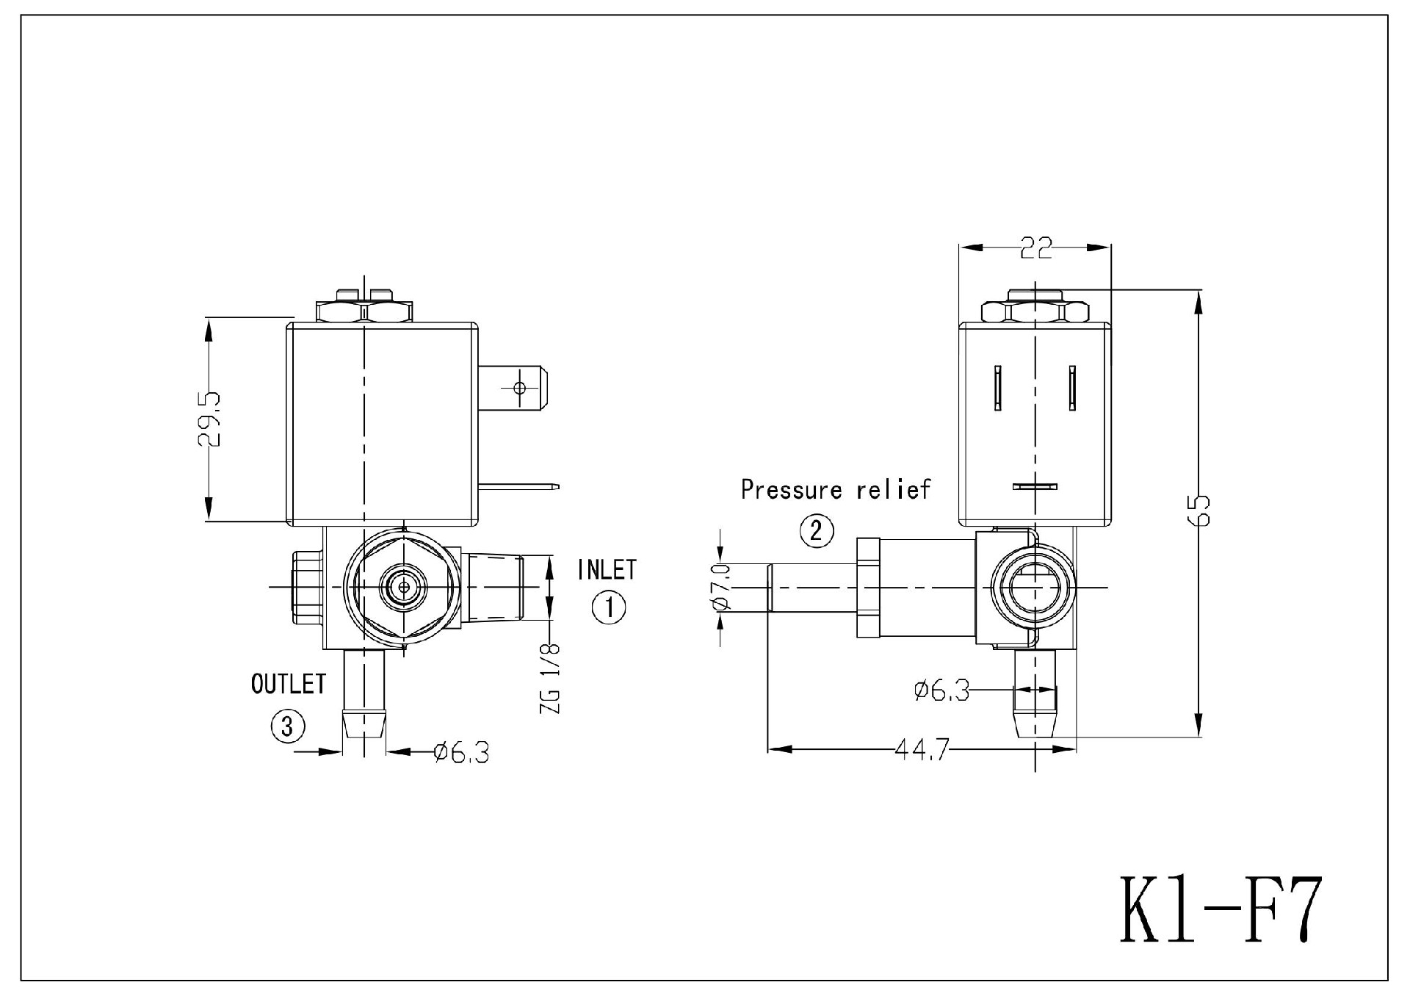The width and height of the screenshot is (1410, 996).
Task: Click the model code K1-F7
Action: [1220, 909]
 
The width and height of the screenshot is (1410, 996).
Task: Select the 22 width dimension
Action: [1035, 248]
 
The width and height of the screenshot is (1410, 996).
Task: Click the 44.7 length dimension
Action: [922, 750]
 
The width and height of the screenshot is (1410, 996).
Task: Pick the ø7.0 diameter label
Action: [721, 587]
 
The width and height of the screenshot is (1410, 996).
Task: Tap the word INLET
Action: [607, 569]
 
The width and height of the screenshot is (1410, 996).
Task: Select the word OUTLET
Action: [288, 684]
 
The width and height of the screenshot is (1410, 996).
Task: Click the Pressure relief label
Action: [835, 490]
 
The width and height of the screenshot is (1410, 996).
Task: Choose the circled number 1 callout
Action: [609, 607]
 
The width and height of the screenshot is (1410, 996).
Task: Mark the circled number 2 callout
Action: [817, 530]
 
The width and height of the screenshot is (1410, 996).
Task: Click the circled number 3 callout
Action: [288, 726]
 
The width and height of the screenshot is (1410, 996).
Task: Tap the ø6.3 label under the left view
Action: [461, 752]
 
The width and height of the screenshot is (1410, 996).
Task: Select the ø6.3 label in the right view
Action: [942, 690]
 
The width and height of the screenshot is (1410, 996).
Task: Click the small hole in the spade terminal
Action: [519, 387]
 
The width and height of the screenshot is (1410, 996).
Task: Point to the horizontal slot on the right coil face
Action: [1035, 486]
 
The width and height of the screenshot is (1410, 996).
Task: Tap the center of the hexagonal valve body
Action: [402, 587]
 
